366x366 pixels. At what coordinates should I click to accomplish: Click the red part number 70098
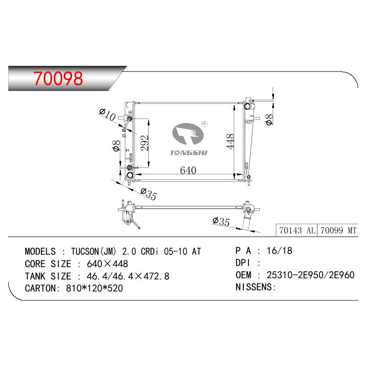58,78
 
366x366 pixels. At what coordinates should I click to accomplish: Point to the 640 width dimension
188,170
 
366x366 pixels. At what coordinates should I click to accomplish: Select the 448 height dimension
230,141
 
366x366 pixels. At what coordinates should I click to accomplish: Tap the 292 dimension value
145,143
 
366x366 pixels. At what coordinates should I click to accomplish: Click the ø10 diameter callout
108,114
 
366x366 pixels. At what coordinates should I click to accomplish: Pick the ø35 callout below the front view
149,194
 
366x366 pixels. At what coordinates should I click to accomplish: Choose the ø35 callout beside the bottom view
221,221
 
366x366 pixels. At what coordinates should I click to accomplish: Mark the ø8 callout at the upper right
269,119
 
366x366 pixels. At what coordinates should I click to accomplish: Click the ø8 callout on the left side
117,145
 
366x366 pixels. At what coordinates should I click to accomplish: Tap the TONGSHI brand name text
188,153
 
